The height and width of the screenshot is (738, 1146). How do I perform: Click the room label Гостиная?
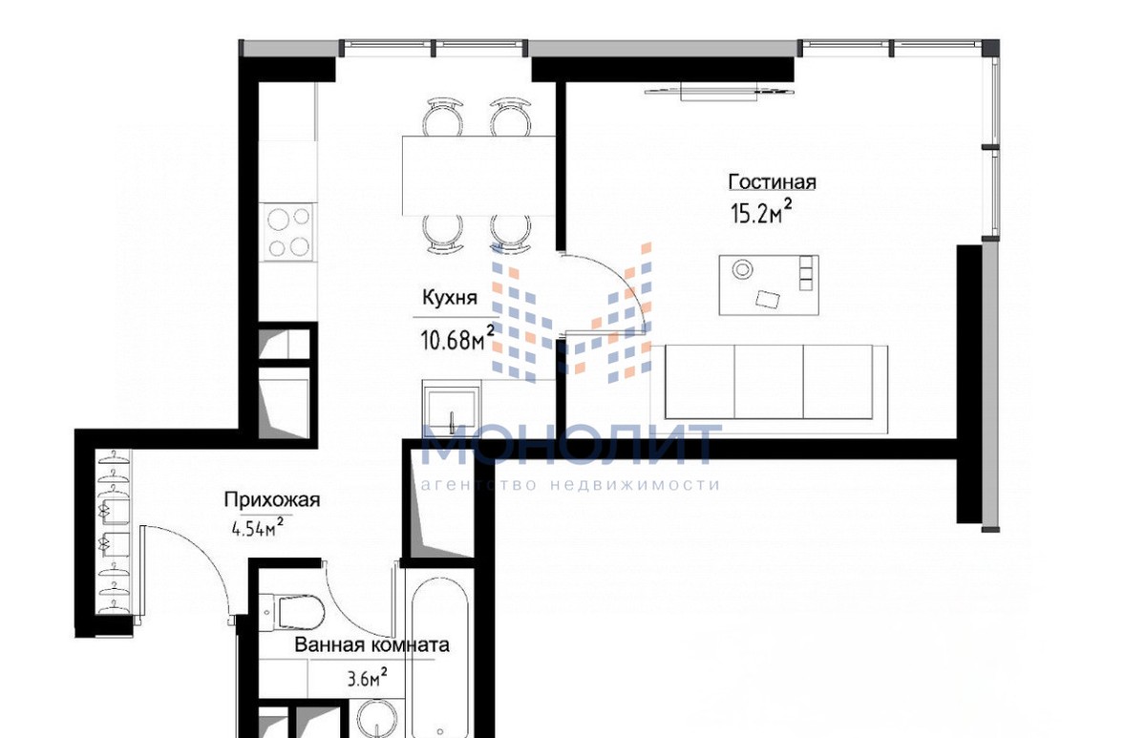click(772, 182)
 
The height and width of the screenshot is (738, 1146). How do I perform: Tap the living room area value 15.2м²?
click(761, 212)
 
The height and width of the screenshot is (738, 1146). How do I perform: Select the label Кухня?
click(450, 298)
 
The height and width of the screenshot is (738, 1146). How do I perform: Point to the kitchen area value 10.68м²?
click(457, 338)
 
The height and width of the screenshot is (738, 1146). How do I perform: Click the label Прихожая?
click(271, 499)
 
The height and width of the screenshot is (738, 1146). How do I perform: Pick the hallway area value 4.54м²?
click(258, 527)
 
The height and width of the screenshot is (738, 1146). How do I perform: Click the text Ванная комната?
click(371, 644)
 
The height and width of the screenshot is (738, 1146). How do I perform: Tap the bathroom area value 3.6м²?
click(367, 678)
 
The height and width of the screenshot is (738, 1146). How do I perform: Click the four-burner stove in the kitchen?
click(287, 232)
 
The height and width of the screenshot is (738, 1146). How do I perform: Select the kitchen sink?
click(451, 408)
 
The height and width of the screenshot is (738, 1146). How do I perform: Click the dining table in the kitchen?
click(478, 176)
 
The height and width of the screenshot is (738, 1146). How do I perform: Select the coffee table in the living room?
click(769, 285)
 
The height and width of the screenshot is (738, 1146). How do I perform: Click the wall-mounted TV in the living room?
click(719, 93)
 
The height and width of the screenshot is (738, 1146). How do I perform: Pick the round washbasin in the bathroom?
click(377, 720)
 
